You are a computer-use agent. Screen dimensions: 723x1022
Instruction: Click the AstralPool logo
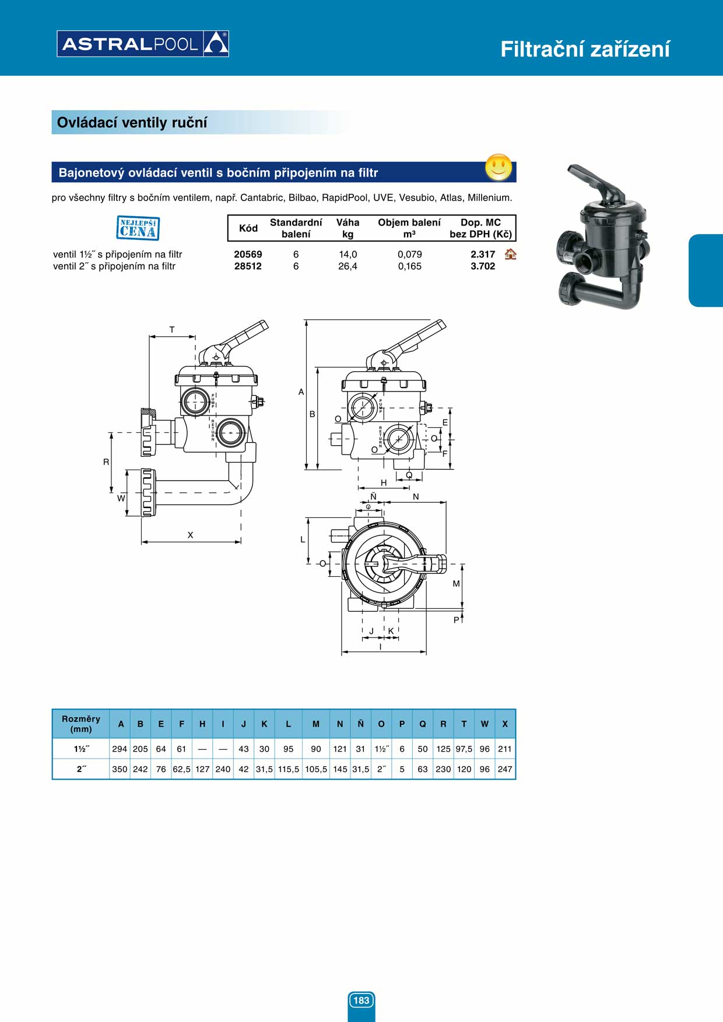point(143,44)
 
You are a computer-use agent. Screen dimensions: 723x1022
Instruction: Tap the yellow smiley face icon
point(499,168)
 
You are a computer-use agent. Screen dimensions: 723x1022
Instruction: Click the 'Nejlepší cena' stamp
point(138,228)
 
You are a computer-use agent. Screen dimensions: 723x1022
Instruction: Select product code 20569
point(248,254)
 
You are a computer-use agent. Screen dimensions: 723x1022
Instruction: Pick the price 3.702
point(483,266)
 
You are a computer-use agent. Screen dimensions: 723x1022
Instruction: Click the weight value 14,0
point(348,255)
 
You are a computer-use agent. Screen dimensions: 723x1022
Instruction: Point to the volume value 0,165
point(410,266)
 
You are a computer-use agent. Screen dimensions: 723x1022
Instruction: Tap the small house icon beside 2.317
point(511,254)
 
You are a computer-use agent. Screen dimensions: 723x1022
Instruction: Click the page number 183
point(361,1000)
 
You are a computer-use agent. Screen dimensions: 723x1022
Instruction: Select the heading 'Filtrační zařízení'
point(585,50)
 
